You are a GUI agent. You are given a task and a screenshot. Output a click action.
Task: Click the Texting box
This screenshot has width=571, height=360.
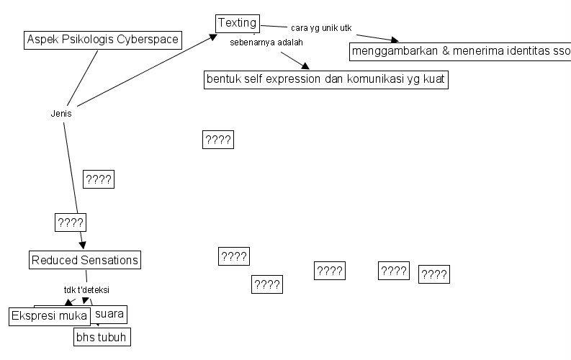(237, 23)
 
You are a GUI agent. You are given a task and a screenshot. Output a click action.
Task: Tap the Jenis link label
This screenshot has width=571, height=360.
(61, 114)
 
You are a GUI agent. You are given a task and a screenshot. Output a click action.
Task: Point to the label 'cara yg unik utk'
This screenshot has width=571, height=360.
(320, 28)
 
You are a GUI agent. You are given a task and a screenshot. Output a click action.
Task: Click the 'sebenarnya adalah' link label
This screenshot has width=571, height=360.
(266, 42)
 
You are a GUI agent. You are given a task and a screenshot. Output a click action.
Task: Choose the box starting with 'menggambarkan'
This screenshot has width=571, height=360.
(459, 52)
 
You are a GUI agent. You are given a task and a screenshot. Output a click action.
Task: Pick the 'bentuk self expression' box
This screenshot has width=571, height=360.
(326, 79)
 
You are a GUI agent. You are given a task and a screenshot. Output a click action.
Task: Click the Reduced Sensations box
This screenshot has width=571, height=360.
(85, 259)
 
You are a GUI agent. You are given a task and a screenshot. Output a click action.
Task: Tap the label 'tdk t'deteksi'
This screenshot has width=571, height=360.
(86, 289)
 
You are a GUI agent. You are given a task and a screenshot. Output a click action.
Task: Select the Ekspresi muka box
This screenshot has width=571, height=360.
(49, 315)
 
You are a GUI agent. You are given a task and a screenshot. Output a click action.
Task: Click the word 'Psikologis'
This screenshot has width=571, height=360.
(83, 40)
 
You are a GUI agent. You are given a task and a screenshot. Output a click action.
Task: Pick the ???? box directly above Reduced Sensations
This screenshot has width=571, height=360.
(71, 222)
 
